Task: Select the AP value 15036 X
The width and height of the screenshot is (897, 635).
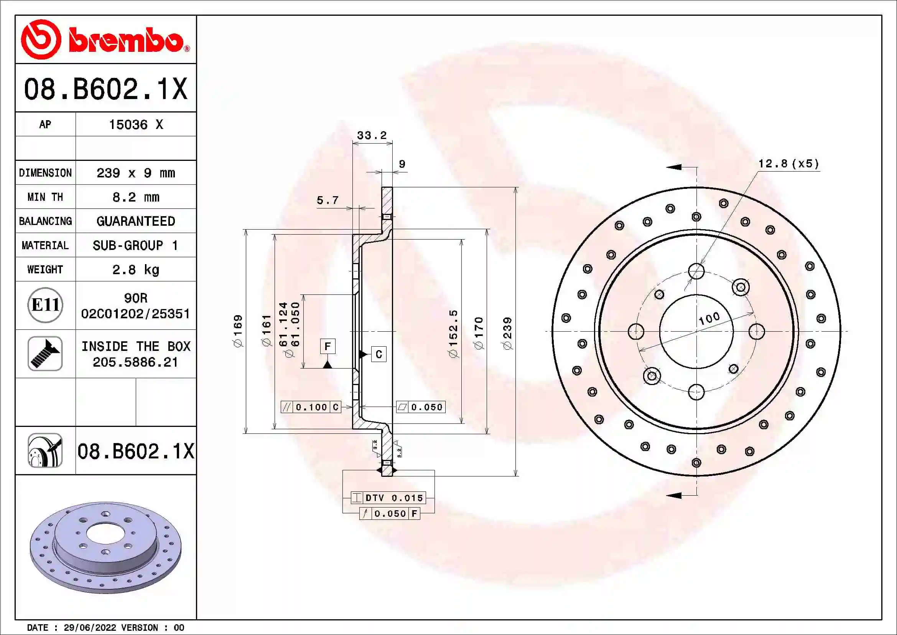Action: (135, 125)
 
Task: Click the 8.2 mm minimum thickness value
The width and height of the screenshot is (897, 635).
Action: (135, 197)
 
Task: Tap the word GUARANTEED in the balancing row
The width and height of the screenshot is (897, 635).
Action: (135, 221)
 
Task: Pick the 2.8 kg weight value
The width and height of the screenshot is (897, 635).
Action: (135, 270)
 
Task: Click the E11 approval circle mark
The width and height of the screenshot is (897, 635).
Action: (45, 305)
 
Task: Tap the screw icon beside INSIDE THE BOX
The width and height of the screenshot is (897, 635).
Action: (45, 354)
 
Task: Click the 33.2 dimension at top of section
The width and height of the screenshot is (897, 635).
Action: (372, 135)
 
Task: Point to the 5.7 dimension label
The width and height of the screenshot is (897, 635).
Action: (328, 200)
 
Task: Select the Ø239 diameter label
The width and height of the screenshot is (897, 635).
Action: (507, 333)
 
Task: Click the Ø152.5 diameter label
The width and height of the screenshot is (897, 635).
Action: (453, 333)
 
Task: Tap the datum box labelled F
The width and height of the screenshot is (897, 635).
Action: (328, 346)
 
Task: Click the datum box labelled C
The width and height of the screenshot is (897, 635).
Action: (379, 354)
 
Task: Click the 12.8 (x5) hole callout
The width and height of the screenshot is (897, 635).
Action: (788, 164)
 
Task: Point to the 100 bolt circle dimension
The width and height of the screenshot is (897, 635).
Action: (709, 318)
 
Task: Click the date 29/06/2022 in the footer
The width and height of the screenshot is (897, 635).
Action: (90, 628)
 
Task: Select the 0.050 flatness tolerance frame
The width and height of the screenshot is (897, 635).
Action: (421, 407)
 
